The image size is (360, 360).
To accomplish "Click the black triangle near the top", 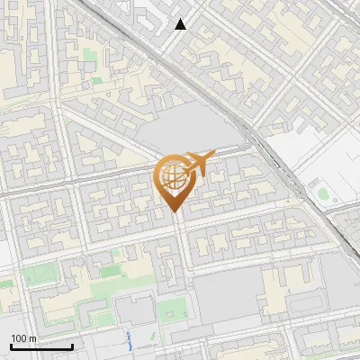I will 181,24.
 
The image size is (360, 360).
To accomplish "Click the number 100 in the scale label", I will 19,338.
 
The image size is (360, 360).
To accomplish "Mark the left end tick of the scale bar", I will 11,346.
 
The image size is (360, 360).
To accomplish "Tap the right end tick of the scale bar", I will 73,346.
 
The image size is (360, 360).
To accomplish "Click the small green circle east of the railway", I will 323,193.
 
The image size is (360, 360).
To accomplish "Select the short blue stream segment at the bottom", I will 130,341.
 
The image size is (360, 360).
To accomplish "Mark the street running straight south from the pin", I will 183,261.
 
